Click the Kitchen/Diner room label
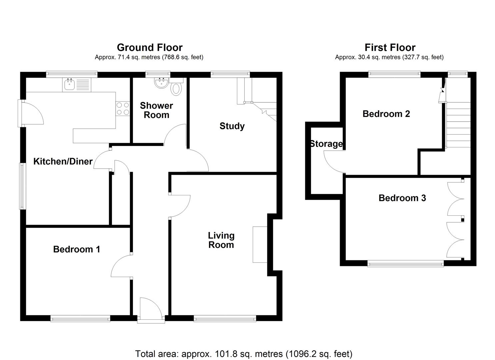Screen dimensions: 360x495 pos(63,162)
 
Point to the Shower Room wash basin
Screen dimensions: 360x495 pos(162,83)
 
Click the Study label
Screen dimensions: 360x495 pos(232,126)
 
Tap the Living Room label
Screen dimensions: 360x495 pos(221,240)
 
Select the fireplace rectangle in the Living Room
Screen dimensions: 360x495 pos(260,245)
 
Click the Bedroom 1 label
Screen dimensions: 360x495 pos(76,249)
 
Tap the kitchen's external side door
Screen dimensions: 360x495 pos(32,113)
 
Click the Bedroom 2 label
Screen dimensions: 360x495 pos(386,114)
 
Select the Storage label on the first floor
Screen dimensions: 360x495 pos(326,144)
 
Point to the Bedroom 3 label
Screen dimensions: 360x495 pos(402,198)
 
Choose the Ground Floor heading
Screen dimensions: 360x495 pos(149,47)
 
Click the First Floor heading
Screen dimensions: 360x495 pos(390,47)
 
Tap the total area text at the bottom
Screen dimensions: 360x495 pos(244,353)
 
